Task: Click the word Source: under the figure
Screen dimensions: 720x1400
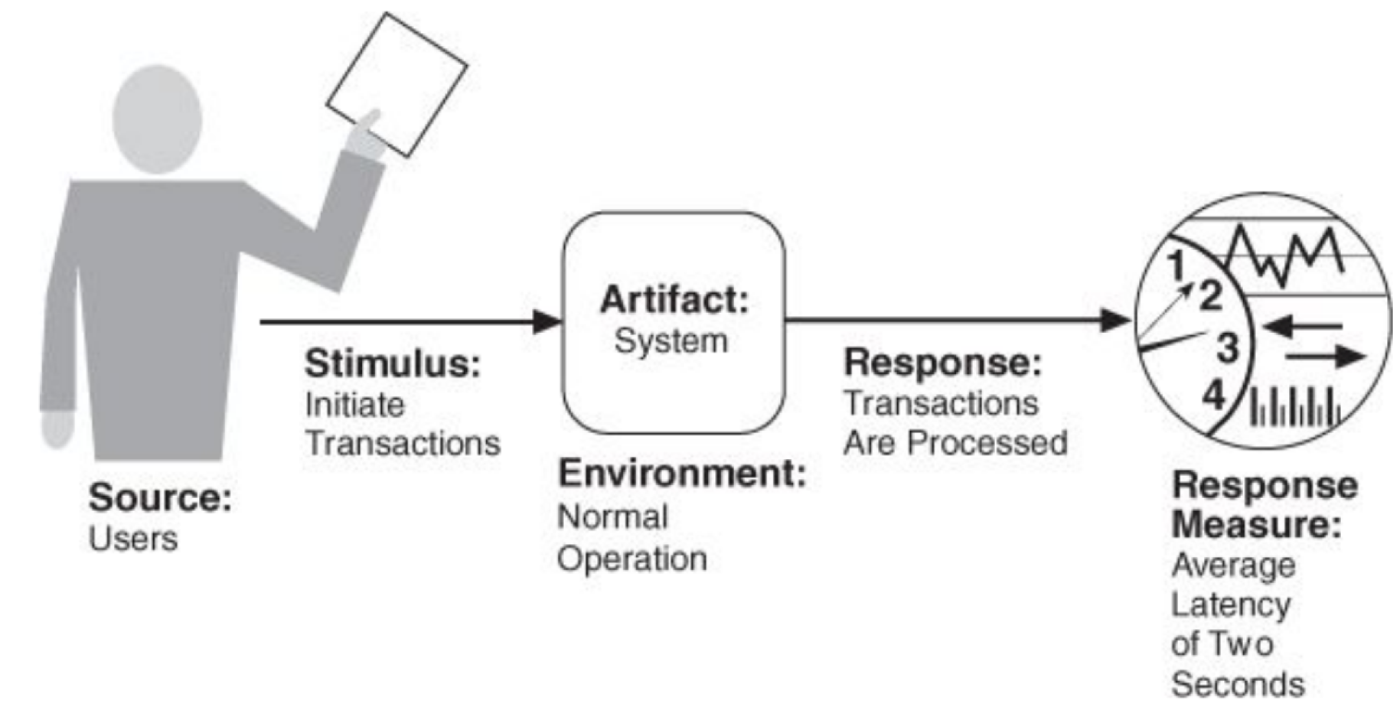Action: [x=160, y=498]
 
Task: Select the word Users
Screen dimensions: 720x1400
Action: [x=133, y=539]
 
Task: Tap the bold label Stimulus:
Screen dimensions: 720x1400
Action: [x=393, y=363]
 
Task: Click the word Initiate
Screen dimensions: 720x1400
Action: [x=354, y=405]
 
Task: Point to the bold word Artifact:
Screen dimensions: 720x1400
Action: [x=674, y=299]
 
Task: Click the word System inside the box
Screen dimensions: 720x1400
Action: [x=671, y=340]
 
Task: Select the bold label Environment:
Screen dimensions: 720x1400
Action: [x=682, y=474]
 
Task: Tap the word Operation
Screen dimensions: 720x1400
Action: [x=631, y=559]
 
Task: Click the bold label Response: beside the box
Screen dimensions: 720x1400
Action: [x=942, y=362]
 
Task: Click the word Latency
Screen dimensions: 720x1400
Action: [x=1230, y=604]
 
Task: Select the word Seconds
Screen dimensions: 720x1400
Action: [x=1237, y=684]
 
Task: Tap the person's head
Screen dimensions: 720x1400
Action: [x=158, y=119]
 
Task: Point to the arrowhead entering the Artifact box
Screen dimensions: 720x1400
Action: [x=547, y=321]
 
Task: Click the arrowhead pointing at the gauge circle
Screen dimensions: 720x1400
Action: [x=1115, y=320]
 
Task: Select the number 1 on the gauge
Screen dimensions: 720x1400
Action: [x=1177, y=266]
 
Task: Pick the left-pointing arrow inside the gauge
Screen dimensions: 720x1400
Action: [x=1301, y=327]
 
